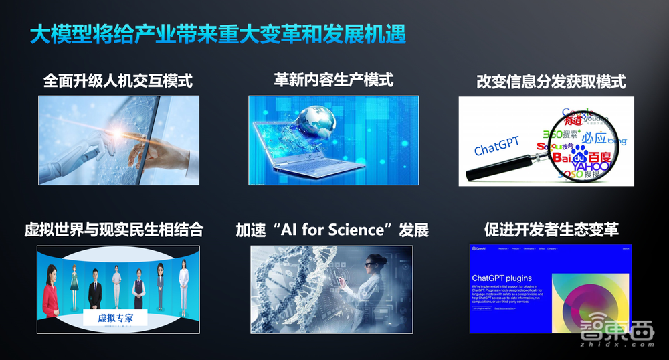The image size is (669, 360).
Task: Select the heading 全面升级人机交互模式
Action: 118,81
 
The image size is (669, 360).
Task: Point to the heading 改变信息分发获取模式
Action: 551,82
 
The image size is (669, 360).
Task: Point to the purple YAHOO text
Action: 591,165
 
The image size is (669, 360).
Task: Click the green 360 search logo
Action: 555,135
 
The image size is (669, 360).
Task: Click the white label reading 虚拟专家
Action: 115,318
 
